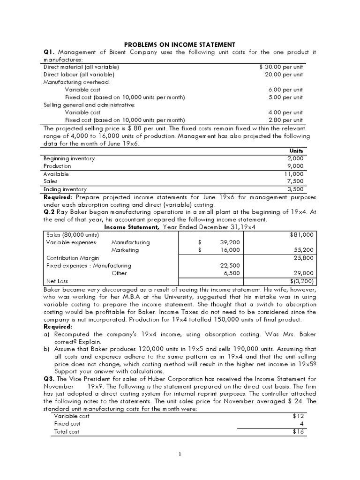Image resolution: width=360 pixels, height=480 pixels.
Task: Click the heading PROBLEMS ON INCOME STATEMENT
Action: (x=180, y=44)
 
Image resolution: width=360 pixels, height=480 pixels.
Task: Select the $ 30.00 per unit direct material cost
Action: (x=281, y=67)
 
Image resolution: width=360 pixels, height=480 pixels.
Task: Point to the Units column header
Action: (x=296, y=150)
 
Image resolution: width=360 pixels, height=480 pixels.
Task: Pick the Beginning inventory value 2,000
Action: (x=295, y=158)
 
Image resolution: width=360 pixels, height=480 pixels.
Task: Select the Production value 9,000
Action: (x=295, y=166)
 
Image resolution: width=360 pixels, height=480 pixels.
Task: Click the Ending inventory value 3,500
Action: (x=295, y=189)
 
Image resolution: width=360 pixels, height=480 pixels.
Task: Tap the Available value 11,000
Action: (x=294, y=174)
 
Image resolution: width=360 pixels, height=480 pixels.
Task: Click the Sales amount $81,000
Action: (x=302, y=234)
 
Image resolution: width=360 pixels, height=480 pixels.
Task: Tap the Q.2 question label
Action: (x=50, y=211)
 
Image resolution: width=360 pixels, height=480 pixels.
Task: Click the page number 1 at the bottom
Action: (x=180, y=454)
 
